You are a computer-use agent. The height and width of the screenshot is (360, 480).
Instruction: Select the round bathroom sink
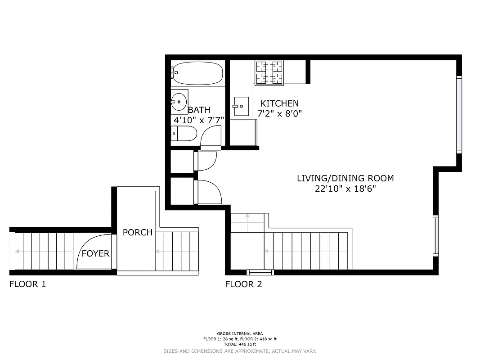click(x=179, y=102)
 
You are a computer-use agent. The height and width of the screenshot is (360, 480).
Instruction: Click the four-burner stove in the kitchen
click(x=270, y=73)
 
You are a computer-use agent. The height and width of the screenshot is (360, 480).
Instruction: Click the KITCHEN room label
click(x=279, y=103)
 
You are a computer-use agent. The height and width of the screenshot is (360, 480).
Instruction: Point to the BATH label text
click(x=199, y=110)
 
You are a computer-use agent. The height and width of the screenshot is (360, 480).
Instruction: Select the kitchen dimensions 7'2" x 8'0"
click(x=279, y=114)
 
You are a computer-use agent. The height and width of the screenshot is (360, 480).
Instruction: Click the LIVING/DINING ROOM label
click(x=345, y=178)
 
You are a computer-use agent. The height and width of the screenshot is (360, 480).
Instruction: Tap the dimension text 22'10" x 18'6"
click(x=345, y=189)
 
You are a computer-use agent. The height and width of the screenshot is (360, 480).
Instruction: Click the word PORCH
click(x=138, y=233)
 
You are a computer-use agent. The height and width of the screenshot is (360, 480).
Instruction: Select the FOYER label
click(x=95, y=254)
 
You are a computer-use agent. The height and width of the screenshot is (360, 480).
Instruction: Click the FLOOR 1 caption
click(x=27, y=284)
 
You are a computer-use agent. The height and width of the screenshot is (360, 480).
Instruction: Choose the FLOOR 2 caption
click(x=243, y=284)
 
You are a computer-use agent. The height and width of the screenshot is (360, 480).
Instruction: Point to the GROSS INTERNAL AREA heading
click(x=240, y=333)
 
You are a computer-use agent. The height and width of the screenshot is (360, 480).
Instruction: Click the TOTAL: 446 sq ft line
click(x=240, y=344)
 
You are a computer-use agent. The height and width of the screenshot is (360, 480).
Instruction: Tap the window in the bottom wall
click(x=260, y=272)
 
